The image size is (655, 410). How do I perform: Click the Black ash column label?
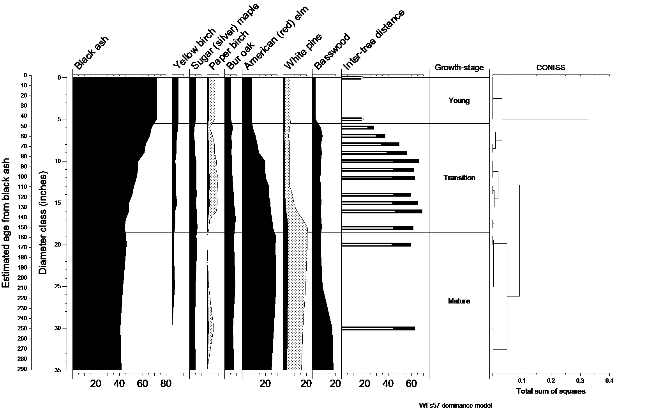[x=91, y=52]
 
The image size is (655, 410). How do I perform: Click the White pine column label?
[x=303, y=52]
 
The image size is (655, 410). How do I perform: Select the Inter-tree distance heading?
[x=374, y=40]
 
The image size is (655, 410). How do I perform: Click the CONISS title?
[x=550, y=68]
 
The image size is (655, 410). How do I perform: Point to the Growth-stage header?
[x=459, y=68]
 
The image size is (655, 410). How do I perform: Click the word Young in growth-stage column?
[x=459, y=101]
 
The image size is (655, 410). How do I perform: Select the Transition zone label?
[x=459, y=178]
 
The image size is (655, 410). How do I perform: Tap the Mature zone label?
[x=459, y=301]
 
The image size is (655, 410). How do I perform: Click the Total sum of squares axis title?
[x=551, y=391]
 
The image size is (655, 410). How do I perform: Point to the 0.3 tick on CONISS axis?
[x=580, y=380]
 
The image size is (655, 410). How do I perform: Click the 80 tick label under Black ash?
[x=166, y=384]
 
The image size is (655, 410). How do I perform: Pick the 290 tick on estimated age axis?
[x=22, y=369]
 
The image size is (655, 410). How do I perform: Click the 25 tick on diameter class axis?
[x=57, y=287]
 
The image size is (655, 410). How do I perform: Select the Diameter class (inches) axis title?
[x=43, y=222]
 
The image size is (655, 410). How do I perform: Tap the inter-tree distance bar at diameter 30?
[x=378, y=328]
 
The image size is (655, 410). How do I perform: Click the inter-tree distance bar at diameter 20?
[x=376, y=245]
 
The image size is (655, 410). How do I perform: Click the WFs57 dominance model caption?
[x=455, y=405]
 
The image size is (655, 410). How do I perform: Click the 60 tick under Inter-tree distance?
[x=411, y=384]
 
